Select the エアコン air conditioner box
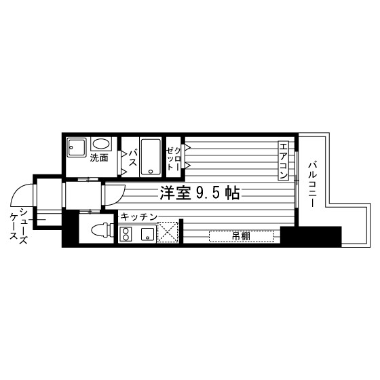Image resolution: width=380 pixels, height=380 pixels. tap(283, 161)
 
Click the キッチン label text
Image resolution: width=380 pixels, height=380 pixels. tap(139, 216)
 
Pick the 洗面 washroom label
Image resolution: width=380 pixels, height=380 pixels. tap(100, 159)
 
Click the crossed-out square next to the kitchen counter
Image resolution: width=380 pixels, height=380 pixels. tap(168, 232)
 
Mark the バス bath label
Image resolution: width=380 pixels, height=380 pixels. tap(132, 158)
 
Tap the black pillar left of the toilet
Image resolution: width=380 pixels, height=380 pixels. tap(70, 231)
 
